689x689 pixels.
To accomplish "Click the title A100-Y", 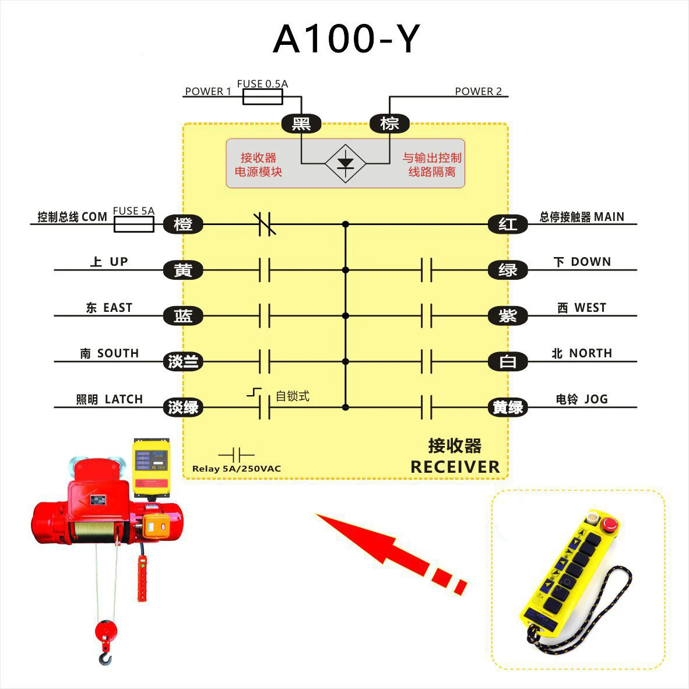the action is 346,39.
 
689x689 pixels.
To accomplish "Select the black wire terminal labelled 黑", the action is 301,124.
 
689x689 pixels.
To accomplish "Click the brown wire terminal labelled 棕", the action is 389,124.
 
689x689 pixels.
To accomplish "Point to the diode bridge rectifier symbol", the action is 345,163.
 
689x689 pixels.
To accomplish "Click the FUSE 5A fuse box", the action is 134,224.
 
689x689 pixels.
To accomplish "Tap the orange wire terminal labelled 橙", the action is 183,224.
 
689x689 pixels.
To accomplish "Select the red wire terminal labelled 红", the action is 507,224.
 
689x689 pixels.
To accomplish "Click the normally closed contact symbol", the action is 265,224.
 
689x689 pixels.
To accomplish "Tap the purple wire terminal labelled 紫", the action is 507,316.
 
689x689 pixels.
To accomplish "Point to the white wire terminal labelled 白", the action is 507,362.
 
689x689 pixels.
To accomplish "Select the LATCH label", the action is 123,399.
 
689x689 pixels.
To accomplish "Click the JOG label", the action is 595,399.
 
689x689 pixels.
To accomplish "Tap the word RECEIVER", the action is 455,467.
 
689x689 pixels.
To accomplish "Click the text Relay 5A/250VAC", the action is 236,469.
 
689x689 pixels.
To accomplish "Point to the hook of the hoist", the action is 105,658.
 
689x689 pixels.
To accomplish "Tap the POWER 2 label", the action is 478,92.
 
